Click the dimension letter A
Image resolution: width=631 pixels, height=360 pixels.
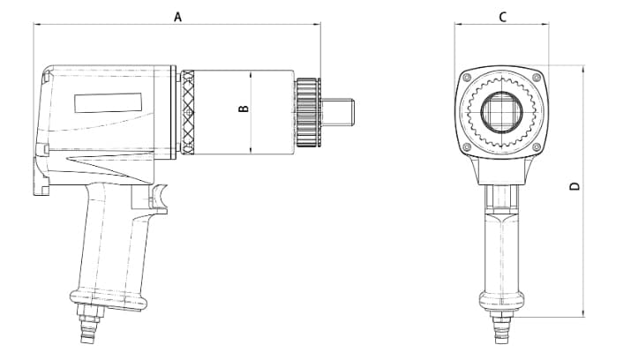click(177, 16)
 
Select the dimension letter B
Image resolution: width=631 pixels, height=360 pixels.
click(244, 109)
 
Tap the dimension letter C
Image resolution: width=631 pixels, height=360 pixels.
click(501, 16)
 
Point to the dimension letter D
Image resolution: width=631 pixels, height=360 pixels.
click(575, 186)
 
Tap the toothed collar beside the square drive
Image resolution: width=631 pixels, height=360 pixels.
click(306, 112)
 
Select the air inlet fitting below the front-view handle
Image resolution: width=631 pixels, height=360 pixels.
click(501, 333)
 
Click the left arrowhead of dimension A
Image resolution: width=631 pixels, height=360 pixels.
click(37, 25)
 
